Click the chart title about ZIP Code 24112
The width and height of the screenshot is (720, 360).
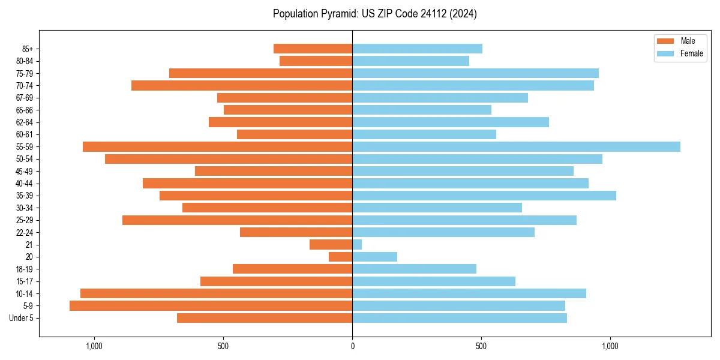click(x=374, y=14)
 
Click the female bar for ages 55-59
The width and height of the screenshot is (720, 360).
click(x=516, y=146)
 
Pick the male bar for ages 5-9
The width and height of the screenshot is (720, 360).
click(x=211, y=305)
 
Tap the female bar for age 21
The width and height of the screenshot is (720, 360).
click(x=357, y=244)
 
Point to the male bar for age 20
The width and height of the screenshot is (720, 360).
click(x=340, y=257)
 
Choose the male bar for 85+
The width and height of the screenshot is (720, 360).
click(x=313, y=49)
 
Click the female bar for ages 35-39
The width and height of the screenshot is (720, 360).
click(x=484, y=196)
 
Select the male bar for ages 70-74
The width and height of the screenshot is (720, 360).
click(x=242, y=85)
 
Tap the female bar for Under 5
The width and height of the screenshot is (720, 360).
click(x=459, y=318)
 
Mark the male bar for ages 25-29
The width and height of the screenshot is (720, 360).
click(x=237, y=220)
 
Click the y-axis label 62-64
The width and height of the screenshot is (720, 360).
click(x=25, y=122)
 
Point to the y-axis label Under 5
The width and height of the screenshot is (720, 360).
click(x=22, y=318)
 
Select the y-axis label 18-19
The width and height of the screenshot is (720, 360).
click(x=25, y=269)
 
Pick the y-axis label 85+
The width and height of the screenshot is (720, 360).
click(x=28, y=49)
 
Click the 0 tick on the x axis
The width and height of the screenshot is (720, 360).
click(x=352, y=346)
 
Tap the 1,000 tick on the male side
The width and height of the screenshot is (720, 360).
click(x=94, y=346)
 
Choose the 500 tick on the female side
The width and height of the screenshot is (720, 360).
click(x=481, y=346)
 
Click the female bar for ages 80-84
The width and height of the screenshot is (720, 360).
click(x=410, y=61)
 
